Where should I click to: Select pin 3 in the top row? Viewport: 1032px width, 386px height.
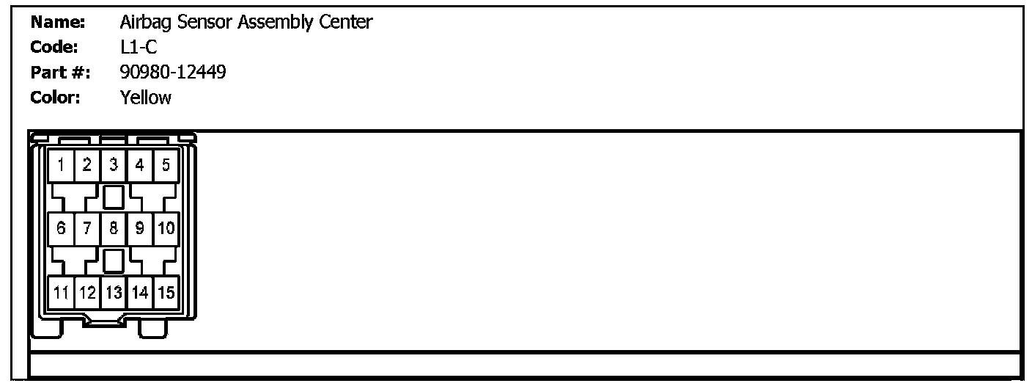114,165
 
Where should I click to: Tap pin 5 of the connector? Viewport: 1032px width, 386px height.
166,165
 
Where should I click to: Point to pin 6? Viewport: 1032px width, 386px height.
61,228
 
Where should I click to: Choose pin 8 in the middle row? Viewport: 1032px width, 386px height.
114,228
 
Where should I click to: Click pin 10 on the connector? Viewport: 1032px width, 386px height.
166,228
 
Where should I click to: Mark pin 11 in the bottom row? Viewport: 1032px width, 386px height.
61,292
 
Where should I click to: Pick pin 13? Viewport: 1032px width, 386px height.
114,292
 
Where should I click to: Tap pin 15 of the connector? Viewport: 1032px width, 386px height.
166,292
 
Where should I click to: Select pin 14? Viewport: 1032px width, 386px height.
140,292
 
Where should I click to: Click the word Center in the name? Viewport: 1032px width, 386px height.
346,23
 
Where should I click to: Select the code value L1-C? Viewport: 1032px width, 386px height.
138,48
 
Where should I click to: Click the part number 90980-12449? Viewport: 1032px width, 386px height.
172,73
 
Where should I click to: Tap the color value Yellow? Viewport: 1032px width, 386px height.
145,98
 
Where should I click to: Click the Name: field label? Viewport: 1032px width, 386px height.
58,23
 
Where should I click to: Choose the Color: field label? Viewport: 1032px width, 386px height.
56,98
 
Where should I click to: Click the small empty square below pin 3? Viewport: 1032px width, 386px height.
113,197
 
